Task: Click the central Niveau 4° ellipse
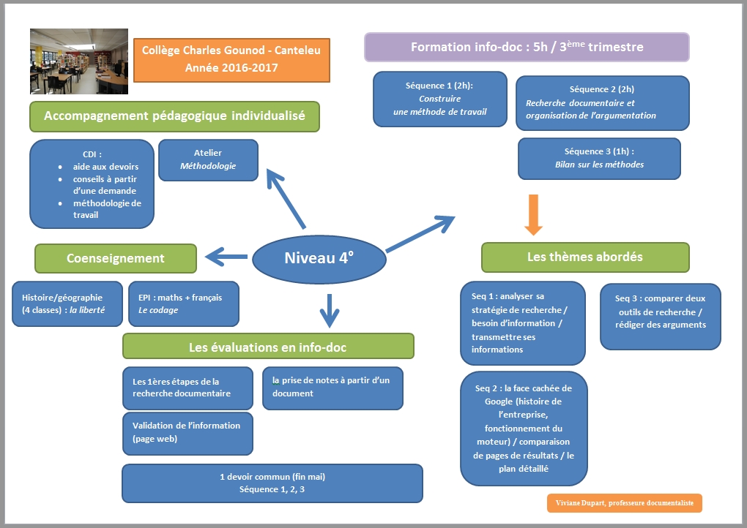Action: [x=318, y=258]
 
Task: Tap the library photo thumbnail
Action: [x=79, y=61]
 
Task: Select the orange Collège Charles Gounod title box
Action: [x=231, y=59]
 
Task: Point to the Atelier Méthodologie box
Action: [x=208, y=159]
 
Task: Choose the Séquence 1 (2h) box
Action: [x=439, y=99]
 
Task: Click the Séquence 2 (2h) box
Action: [x=602, y=102]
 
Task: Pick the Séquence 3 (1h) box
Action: [x=599, y=158]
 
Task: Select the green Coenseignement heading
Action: [x=116, y=258]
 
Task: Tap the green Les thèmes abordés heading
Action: [x=585, y=257]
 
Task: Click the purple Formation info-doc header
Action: [x=527, y=48]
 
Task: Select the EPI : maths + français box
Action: [x=183, y=303]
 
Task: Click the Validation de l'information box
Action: [x=187, y=433]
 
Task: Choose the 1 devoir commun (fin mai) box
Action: [x=272, y=483]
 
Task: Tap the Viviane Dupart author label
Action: [x=624, y=503]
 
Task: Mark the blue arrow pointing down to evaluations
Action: [x=330, y=309]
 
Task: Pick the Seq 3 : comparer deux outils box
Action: [x=661, y=317]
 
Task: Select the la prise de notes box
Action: [x=332, y=388]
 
